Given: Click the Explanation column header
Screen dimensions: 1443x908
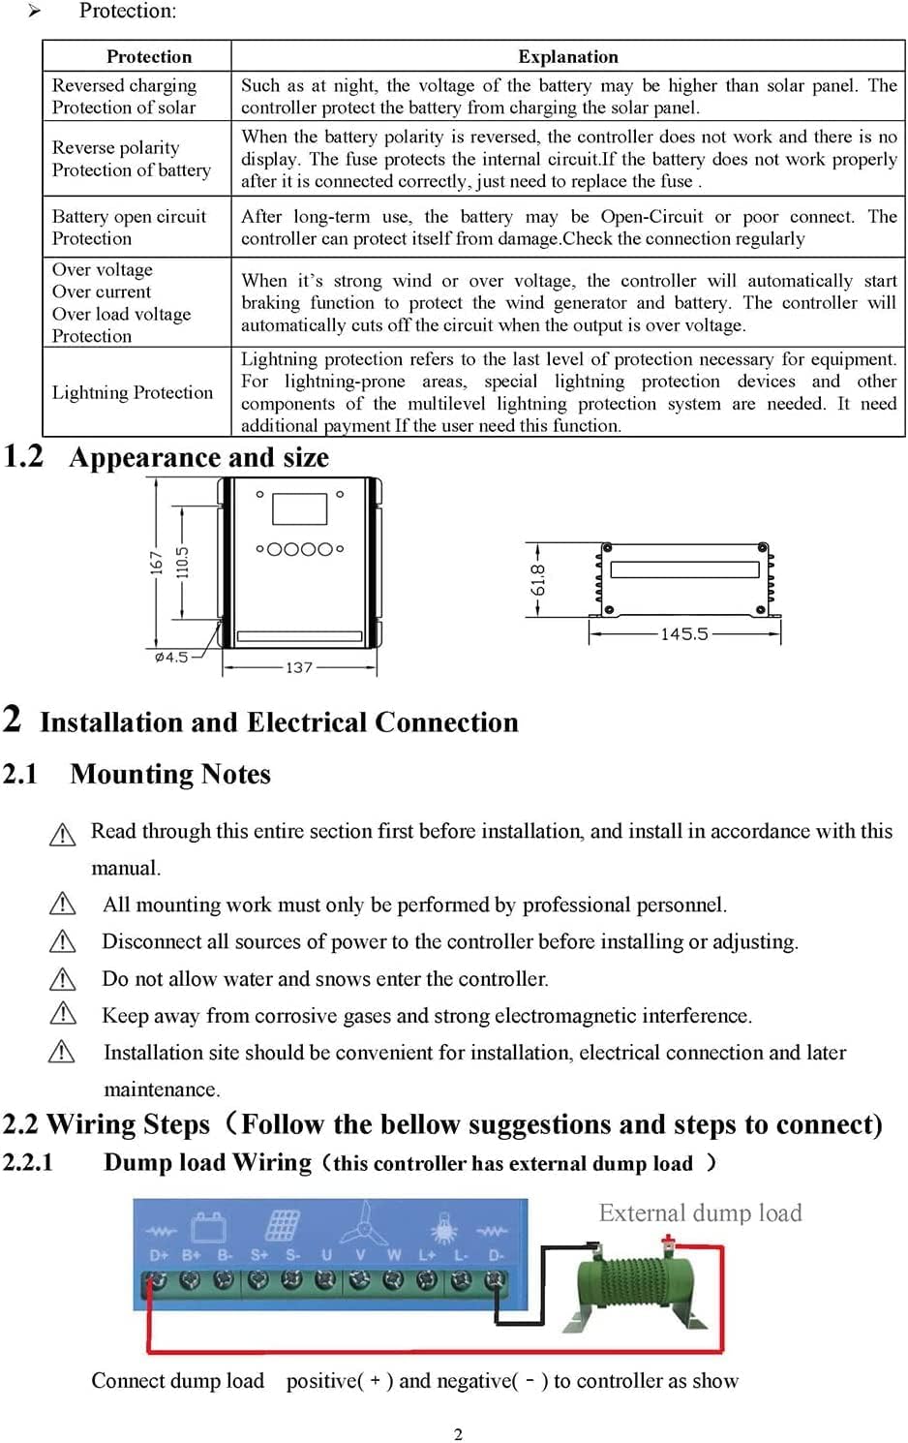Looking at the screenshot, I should (567, 56).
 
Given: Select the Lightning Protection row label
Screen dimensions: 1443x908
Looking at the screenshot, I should (133, 392).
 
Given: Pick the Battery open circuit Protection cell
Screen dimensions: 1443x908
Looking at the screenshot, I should (129, 228).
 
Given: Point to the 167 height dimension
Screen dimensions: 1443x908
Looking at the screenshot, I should (156, 563).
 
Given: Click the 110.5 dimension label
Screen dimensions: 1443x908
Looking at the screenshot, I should (181, 563).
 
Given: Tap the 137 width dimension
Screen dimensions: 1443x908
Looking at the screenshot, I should (299, 667).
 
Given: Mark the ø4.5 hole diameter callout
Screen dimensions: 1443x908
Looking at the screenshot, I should (171, 658).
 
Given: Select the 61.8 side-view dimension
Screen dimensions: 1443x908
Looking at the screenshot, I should (538, 580).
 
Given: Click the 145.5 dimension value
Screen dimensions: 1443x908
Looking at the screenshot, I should (684, 634).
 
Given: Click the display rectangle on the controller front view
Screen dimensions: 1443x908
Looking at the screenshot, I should (299, 508).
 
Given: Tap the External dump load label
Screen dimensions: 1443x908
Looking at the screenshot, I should (700, 1213).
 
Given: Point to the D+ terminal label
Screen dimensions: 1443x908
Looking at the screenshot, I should (159, 1255).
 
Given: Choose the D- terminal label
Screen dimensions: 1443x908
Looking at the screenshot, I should (496, 1255).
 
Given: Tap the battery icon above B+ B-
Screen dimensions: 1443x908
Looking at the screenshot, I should (208, 1227).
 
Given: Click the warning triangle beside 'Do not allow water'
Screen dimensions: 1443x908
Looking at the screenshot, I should (62, 979).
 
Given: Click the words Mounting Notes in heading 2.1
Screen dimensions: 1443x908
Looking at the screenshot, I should (170, 775).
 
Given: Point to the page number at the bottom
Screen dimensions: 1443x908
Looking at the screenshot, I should (458, 1434).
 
